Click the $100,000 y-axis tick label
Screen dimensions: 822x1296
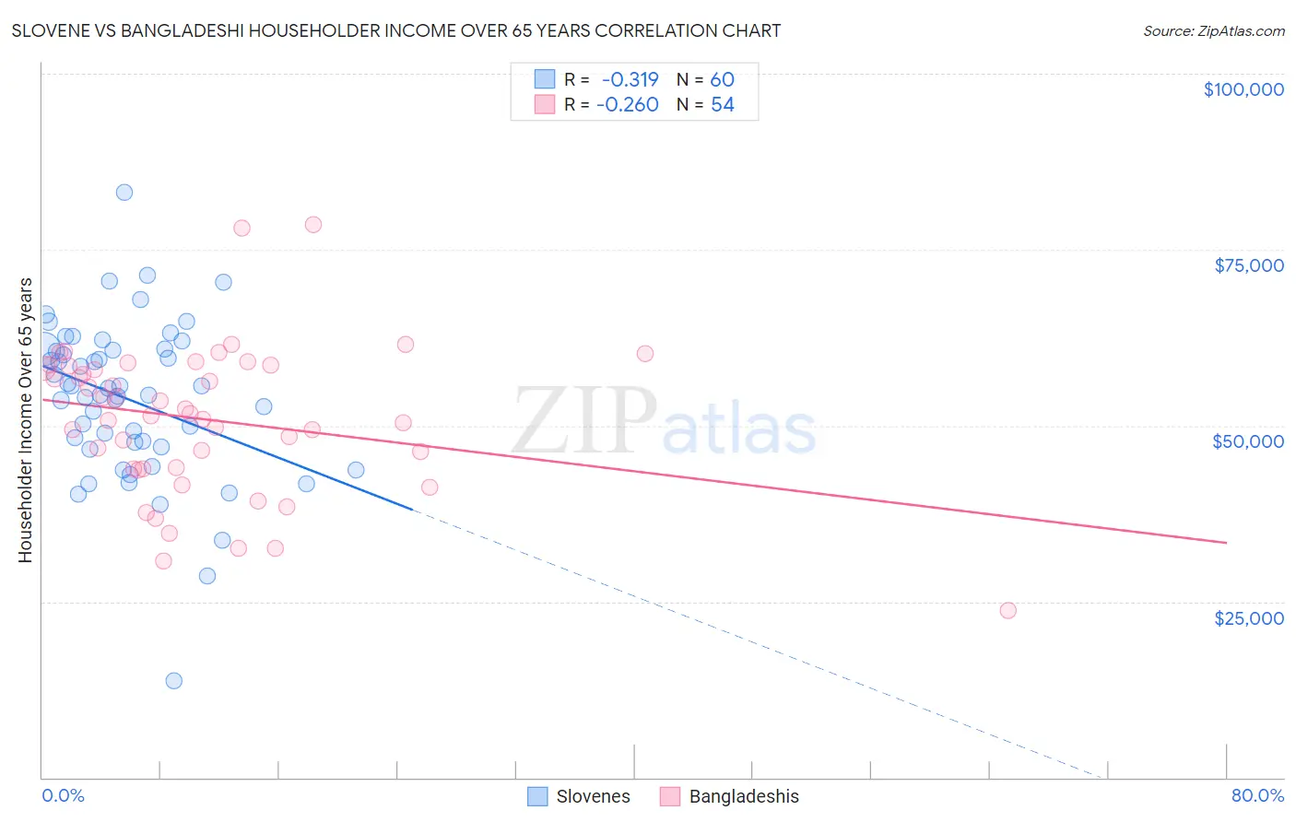pos(1243,89)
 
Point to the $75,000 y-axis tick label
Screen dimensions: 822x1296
pos(1248,265)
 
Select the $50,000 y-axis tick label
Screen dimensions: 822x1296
pos(1247,441)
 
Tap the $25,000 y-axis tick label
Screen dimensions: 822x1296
pos(1248,617)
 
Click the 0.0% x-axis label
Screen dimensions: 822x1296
pos(63,796)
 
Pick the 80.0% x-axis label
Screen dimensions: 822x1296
pos(1257,796)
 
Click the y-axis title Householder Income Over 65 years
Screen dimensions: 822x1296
pos(25,420)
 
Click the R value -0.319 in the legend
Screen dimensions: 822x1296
pos(630,80)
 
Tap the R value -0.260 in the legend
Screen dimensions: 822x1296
pos(627,105)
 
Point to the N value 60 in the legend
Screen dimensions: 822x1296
pos(722,80)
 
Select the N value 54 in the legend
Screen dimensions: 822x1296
pos(722,105)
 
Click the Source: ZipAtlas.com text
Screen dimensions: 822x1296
pos(1213,31)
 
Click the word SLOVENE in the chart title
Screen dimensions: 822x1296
pos(56,31)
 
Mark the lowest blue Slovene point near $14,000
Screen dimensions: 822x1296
pos(173,681)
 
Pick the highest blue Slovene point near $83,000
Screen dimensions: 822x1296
pos(124,193)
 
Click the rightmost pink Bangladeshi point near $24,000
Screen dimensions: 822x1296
pos(1007,611)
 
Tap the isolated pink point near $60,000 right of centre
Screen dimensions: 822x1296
pos(644,354)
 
